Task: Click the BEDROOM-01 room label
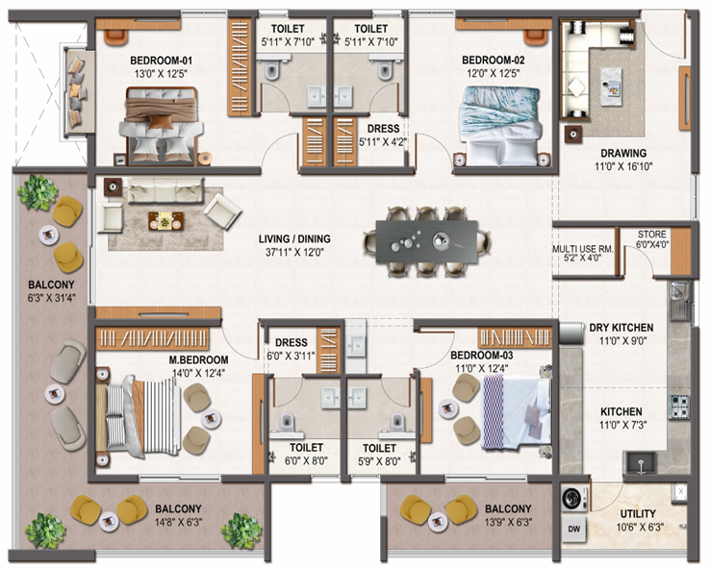tap(162, 61)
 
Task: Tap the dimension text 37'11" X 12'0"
tap(294, 253)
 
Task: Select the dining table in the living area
tap(427, 241)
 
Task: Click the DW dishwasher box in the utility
tap(573, 529)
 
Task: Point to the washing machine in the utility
tap(574, 499)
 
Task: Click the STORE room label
tap(652, 235)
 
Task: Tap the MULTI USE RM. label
tap(583, 249)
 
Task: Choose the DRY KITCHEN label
tap(621, 328)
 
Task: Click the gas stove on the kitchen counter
tap(680, 407)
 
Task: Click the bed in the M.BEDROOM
tap(139, 416)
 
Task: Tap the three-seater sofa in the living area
tap(165, 190)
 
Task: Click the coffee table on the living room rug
tap(165, 221)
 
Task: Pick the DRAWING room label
tap(623, 154)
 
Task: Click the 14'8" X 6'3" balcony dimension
tap(178, 522)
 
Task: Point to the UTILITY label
tap(638, 514)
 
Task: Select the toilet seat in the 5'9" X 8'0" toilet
tap(398, 422)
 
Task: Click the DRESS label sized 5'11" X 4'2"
tap(383, 129)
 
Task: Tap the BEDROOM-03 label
tap(481, 356)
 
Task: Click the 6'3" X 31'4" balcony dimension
tap(51, 298)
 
